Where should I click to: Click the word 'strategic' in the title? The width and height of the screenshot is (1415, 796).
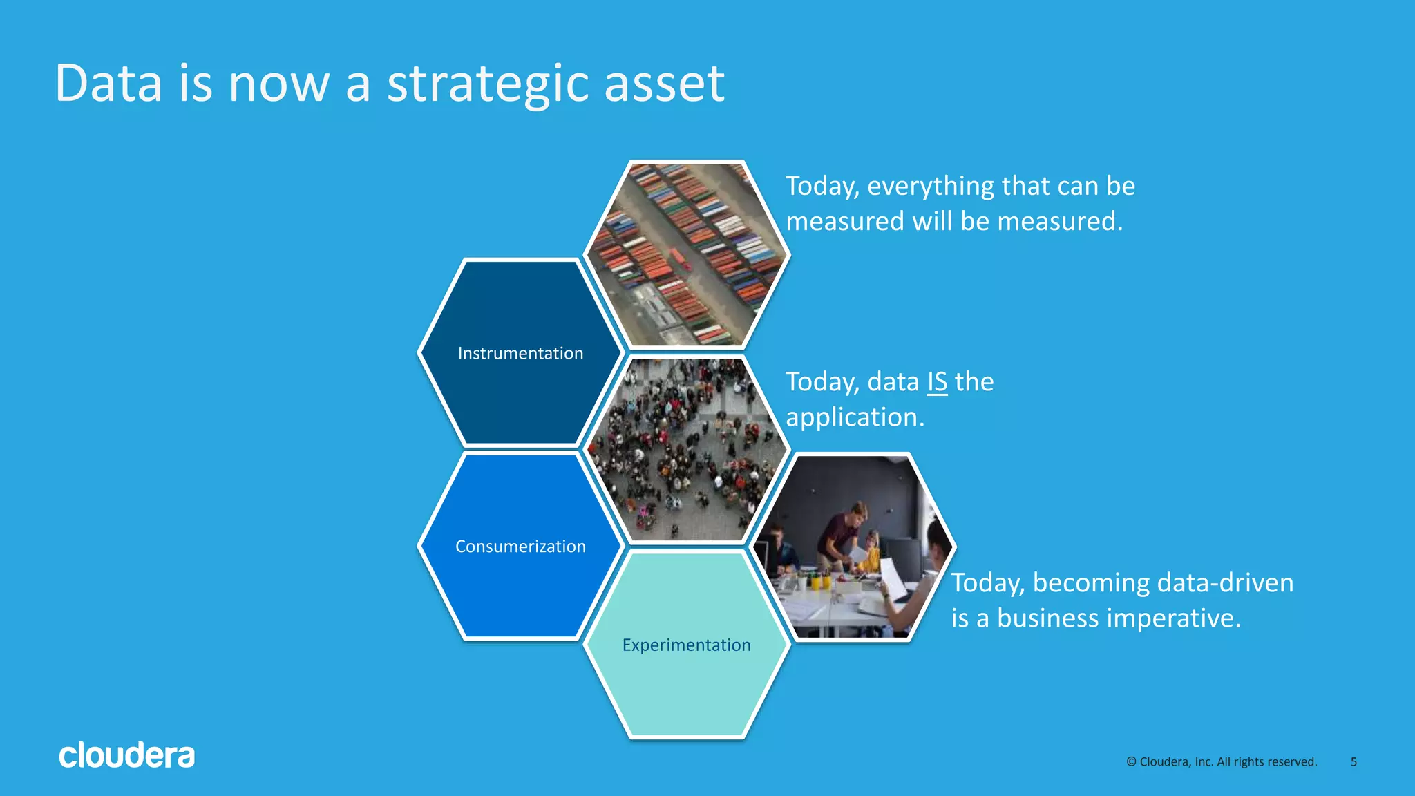(488, 84)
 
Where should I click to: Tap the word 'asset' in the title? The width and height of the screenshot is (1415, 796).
(664, 84)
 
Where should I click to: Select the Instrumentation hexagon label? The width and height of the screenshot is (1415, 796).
(520, 353)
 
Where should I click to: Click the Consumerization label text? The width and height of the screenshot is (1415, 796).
(520, 547)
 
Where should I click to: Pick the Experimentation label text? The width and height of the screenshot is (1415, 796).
(686, 645)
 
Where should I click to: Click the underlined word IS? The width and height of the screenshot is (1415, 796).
(937, 382)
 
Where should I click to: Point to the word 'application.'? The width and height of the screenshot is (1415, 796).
(855, 417)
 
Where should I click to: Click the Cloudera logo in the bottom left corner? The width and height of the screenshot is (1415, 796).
(126, 755)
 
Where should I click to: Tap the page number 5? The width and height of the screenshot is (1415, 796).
(1354, 761)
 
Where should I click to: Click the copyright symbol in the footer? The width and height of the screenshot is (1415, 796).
(1131, 761)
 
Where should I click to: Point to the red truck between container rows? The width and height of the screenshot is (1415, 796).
(681, 258)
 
